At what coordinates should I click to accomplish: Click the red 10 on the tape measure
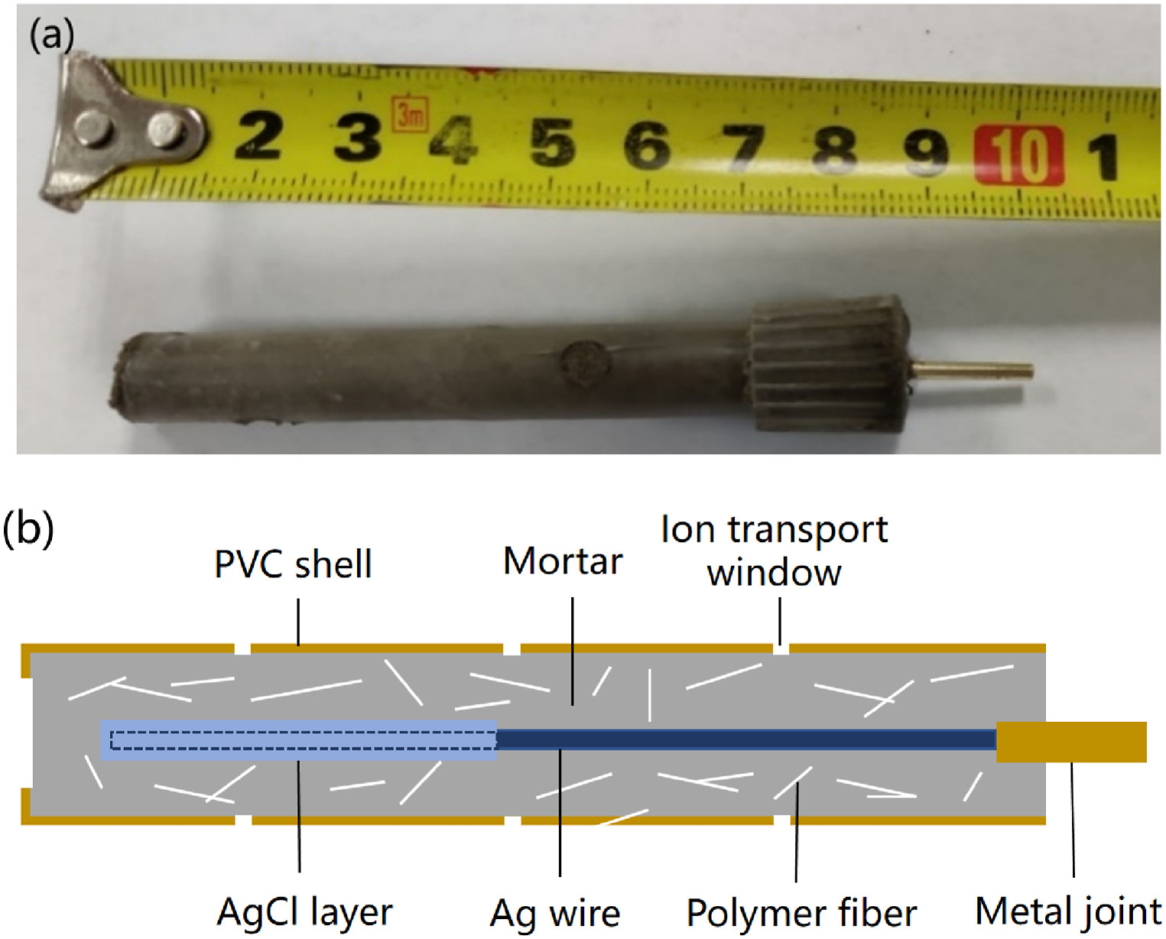(x=1018, y=155)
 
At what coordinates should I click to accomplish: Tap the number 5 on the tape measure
(x=552, y=142)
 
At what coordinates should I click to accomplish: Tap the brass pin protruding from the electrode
(x=972, y=371)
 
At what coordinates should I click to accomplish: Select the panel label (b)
(x=28, y=528)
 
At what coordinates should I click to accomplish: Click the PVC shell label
(x=293, y=564)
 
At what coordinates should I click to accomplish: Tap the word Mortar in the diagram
(x=563, y=561)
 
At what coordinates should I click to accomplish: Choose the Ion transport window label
(x=775, y=551)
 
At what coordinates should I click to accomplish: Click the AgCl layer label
(x=304, y=912)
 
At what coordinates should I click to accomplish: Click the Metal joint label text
(x=1068, y=911)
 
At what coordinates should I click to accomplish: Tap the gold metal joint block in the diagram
(x=1071, y=742)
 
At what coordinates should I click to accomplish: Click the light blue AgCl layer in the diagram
(x=298, y=740)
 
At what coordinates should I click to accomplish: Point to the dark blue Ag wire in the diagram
(x=746, y=740)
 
